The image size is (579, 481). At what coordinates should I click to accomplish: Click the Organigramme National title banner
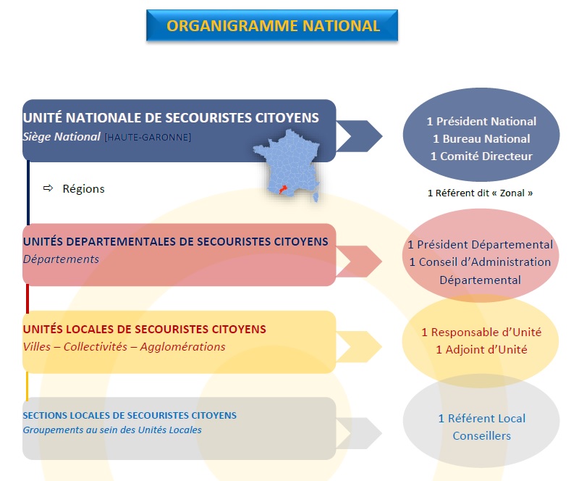click(x=272, y=25)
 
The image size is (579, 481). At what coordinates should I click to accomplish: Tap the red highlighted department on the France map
click(x=283, y=189)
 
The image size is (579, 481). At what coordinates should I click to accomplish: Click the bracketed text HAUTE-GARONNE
click(x=148, y=137)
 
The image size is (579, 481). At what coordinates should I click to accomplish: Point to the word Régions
click(x=83, y=188)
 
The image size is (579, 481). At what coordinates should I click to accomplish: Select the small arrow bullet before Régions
click(x=48, y=188)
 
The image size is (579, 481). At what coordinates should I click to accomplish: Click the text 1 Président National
click(x=481, y=121)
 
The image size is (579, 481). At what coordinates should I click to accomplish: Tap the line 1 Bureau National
click(x=481, y=138)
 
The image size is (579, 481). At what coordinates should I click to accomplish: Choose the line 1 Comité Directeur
click(x=481, y=156)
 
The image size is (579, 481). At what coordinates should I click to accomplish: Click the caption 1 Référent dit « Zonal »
click(x=480, y=193)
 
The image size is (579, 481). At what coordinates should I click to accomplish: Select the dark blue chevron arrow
click(x=360, y=136)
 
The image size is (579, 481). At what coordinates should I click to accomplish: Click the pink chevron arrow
click(x=359, y=262)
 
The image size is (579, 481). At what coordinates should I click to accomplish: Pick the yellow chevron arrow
click(x=359, y=347)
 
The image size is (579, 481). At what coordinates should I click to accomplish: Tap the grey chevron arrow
click(x=359, y=433)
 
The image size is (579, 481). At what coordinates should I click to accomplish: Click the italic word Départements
click(x=61, y=259)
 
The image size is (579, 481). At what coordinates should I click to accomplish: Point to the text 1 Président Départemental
click(x=480, y=244)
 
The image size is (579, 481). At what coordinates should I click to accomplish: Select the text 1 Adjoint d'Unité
click(x=481, y=349)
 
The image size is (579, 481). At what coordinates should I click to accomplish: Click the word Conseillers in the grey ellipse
click(x=481, y=436)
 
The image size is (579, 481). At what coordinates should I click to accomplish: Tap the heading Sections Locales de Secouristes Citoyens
click(x=130, y=416)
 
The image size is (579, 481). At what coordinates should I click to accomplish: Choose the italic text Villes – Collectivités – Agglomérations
click(x=124, y=347)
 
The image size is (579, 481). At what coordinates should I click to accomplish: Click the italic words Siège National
click(x=62, y=137)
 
